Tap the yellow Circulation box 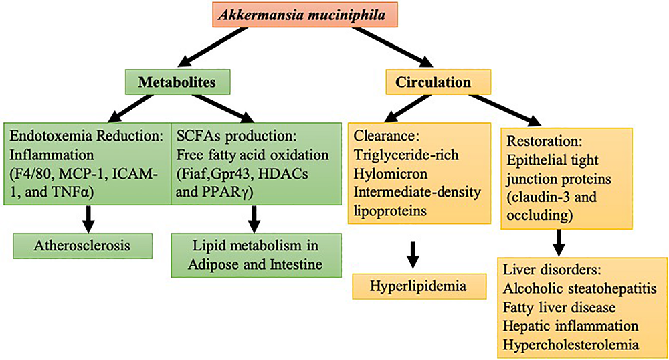(438, 82)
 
